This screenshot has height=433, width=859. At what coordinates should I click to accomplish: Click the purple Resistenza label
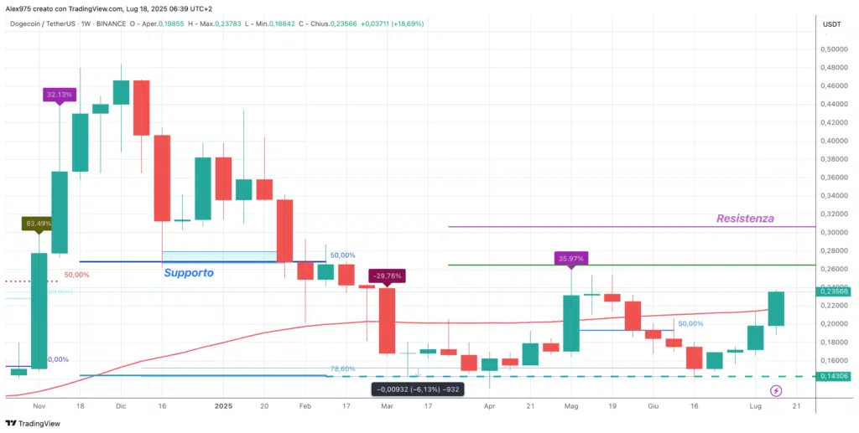[x=745, y=219]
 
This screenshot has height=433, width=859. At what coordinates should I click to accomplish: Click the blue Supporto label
[x=189, y=273]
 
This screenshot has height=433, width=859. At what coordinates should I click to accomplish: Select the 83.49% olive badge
[x=39, y=224]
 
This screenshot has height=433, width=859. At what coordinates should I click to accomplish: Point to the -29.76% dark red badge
[x=389, y=276]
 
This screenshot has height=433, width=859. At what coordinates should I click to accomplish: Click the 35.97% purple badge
[x=570, y=258]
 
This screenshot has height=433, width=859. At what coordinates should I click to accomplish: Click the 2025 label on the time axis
[x=223, y=406]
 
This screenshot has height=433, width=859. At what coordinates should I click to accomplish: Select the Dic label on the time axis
[x=121, y=406]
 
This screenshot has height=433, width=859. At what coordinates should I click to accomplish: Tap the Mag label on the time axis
[x=571, y=406]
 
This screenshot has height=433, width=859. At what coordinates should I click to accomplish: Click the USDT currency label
[x=833, y=23]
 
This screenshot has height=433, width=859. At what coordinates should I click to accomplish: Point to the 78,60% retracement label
[x=341, y=369]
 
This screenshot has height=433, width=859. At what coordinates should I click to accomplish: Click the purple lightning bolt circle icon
[x=776, y=390]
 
